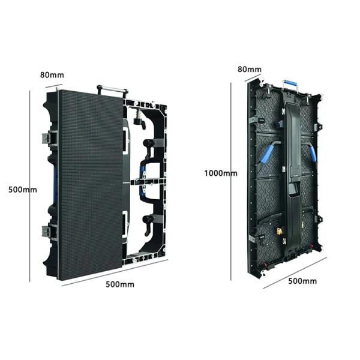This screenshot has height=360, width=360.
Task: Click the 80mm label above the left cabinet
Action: (x=52, y=75)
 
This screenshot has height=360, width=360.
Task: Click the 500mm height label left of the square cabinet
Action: (x=23, y=190)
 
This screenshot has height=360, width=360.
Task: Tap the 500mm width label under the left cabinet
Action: (x=120, y=284)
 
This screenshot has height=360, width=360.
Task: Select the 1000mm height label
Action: (x=221, y=173)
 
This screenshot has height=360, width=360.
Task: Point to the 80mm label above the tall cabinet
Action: (x=250, y=69)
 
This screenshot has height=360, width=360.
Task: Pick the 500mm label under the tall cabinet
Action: (x=302, y=281)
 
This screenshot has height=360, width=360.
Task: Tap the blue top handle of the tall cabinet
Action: (x=290, y=82)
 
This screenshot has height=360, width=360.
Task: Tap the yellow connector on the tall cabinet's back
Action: (x=279, y=231)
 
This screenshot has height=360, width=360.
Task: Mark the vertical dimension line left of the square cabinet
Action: (x=29, y=186)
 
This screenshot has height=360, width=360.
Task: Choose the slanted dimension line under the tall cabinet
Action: (x=295, y=273)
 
